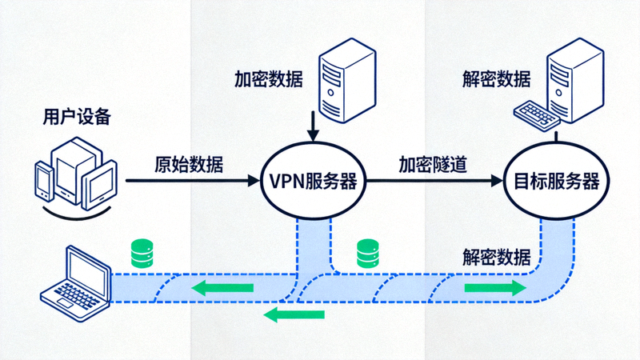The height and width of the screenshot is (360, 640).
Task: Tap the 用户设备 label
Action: [x=76, y=118]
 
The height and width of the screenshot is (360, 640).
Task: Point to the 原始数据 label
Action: [x=189, y=166]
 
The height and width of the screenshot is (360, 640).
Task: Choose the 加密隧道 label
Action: [x=434, y=165]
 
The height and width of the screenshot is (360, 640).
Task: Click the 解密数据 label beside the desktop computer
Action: [x=496, y=79]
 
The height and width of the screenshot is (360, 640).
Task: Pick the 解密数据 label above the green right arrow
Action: [x=496, y=257]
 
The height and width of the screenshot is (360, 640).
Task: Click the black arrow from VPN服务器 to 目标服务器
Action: [x=436, y=182]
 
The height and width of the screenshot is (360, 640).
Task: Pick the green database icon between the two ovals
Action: [x=367, y=254]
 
